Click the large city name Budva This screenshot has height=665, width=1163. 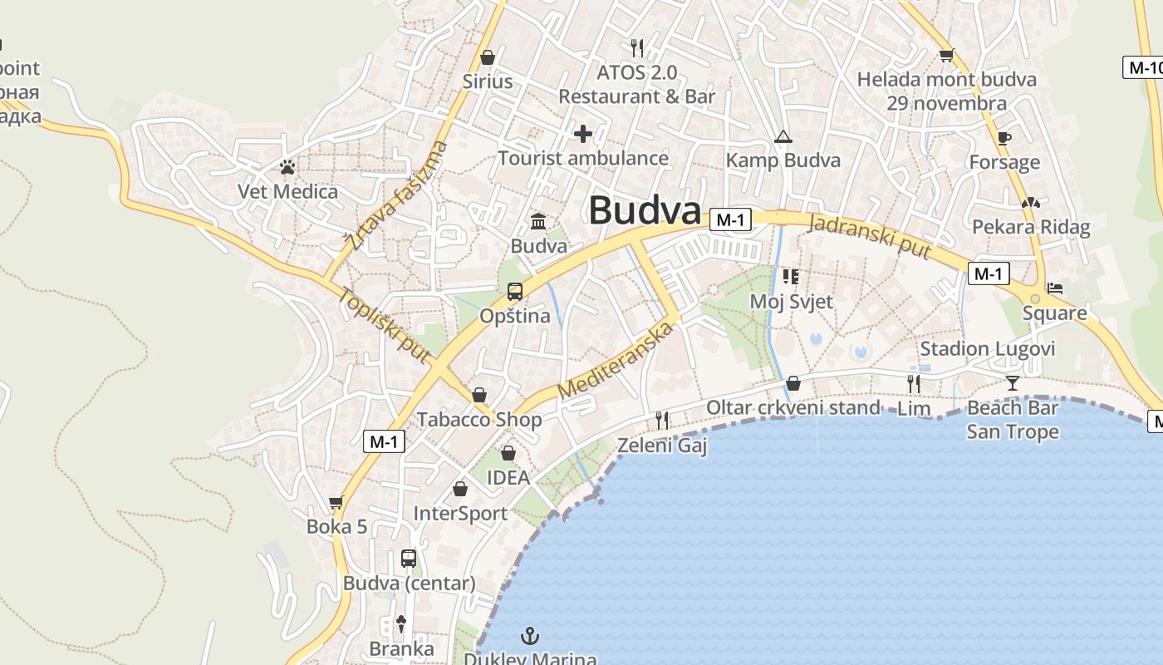click(x=645, y=210)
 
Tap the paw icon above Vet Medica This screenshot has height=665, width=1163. click(x=287, y=168)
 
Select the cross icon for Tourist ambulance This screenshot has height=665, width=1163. click(x=583, y=133)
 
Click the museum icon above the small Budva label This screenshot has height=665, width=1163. click(x=538, y=222)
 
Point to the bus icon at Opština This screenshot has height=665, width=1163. click(x=515, y=292)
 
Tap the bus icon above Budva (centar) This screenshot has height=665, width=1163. click(x=409, y=558)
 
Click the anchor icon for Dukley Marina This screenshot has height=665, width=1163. click(x=530, y=637)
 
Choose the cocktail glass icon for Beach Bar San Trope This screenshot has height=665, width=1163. click(x=1013, y=383)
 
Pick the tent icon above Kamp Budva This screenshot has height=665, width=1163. click(x=783, y=136)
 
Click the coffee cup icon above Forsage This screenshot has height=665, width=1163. click(x=1004, y=138)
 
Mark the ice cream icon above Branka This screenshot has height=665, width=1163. click(x=401, y=623)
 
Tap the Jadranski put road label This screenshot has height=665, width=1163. click(x=869, y=235)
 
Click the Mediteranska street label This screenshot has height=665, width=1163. click(x=615, y=360)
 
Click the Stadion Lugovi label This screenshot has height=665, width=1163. click(x=987, y=348)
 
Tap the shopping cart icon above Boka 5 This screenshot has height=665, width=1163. click(x=336, y=502)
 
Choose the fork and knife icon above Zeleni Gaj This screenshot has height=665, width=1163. click(x=662, y=421)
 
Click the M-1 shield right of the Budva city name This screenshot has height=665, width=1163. click(x=730, y=219)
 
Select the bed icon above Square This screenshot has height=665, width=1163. click(x=1055, y=288)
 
